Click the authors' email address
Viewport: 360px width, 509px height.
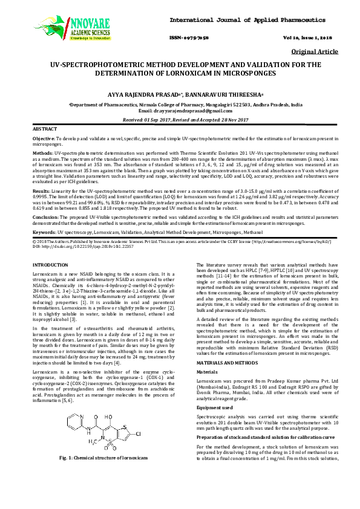pyautogui.click(x=180, y=111)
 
